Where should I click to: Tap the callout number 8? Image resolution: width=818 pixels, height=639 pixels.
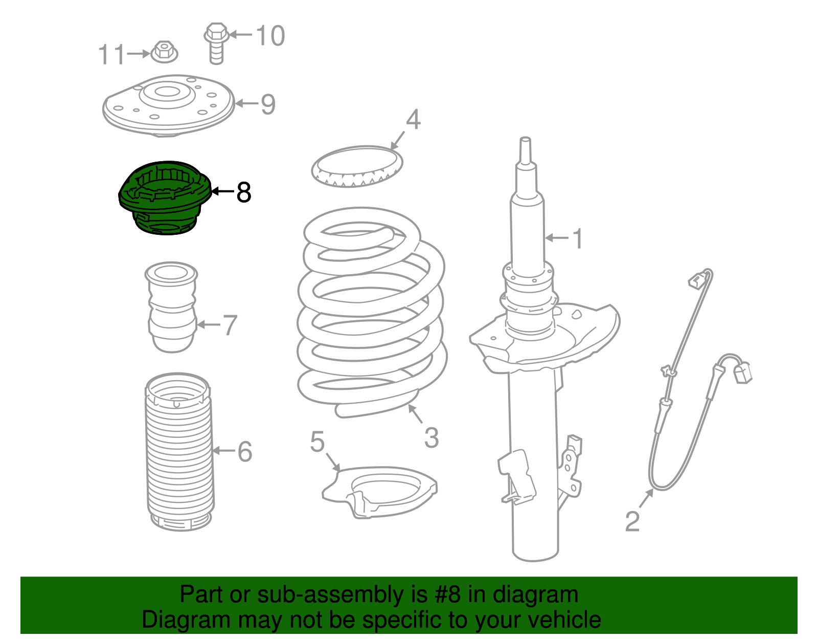coord(243,192)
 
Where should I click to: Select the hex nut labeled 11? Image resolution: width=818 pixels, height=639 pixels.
coord(164,52)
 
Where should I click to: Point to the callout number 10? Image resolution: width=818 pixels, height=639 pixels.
coord(270,35)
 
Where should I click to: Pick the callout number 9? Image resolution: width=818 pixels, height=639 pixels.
coord(268,104)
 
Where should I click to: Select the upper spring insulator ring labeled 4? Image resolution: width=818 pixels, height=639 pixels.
coord(357,166)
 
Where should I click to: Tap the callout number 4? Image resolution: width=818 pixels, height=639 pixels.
coord(413,119)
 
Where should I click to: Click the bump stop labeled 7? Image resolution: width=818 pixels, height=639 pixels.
coord(172,307)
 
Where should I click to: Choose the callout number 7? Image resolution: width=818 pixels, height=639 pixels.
coord(230,325)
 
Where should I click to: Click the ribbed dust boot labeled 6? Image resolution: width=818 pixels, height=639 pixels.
coord(179,450)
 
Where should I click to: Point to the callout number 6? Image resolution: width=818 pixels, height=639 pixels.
coord(245,451)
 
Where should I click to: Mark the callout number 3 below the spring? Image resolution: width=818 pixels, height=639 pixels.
coord(431,438)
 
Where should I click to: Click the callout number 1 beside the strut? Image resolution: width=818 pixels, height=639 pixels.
coord(578,238)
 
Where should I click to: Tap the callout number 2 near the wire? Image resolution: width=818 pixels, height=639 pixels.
coord(632,521)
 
